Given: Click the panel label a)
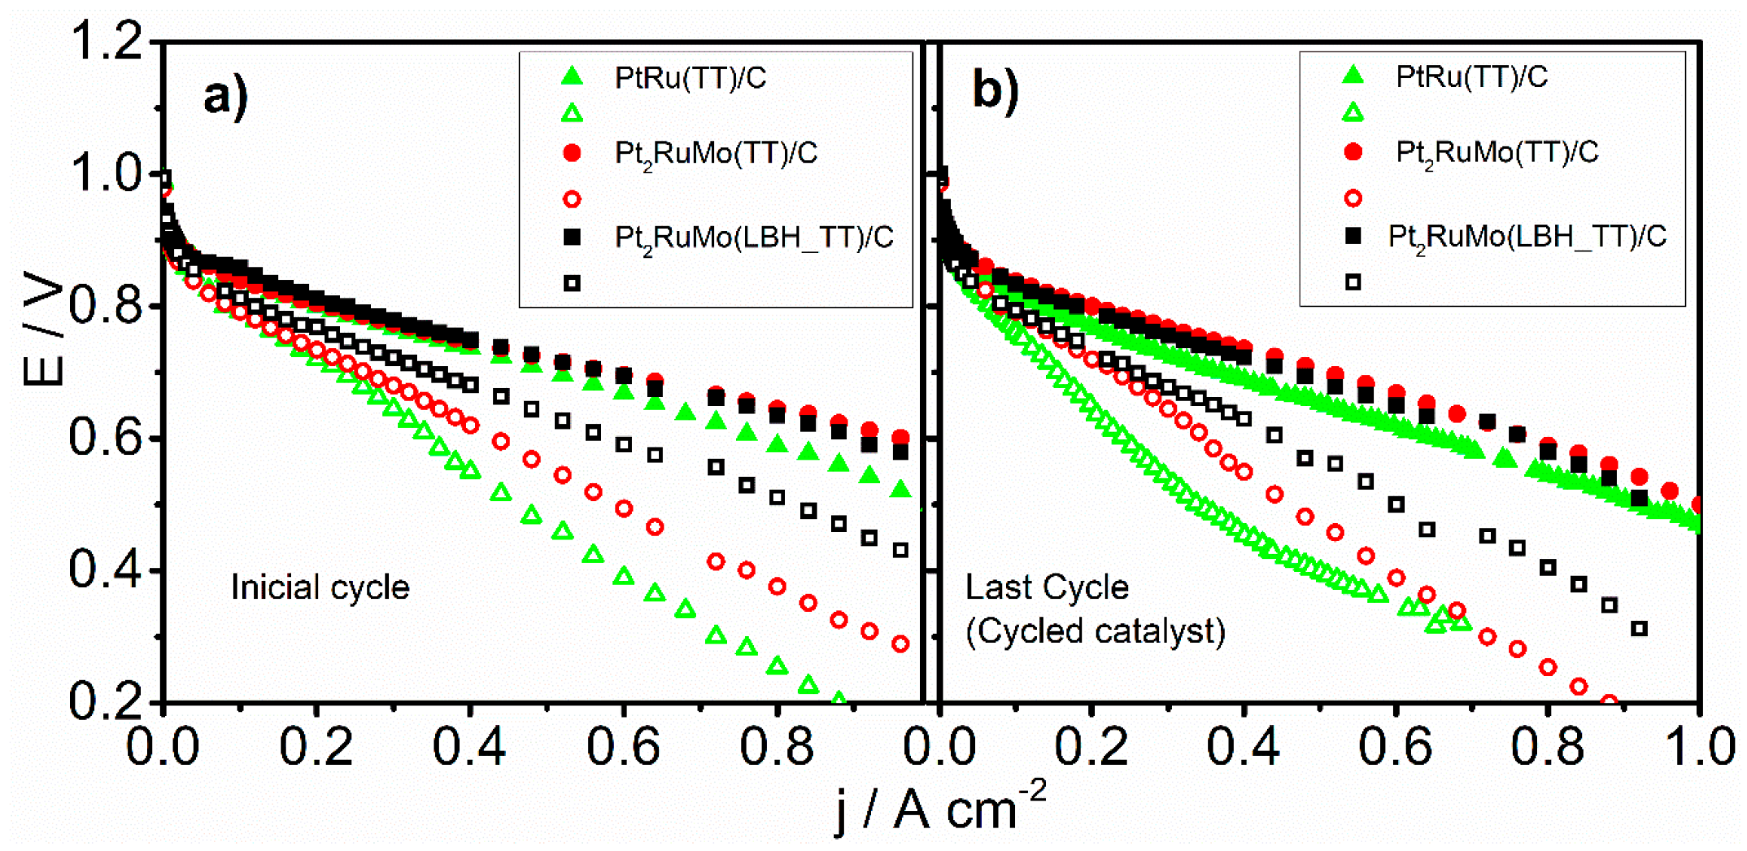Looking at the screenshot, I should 225,96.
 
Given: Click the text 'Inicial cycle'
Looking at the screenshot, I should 320,587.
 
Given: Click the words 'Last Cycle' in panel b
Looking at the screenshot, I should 1046,587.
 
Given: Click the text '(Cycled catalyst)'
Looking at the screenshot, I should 1095,631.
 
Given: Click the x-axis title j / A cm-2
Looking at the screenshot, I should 939,809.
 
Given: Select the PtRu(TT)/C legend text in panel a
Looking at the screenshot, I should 690,78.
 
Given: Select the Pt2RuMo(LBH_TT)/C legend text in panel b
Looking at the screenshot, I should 1527,237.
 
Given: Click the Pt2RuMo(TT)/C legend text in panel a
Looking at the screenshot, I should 716,154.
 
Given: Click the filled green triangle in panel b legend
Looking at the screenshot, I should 1353,75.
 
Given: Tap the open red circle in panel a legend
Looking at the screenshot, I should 572,199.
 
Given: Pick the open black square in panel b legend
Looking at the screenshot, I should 1353,282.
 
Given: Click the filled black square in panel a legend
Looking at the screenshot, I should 572,237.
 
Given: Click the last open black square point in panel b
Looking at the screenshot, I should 1640,628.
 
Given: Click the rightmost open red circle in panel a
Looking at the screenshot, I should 900,644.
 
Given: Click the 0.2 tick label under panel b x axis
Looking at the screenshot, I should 1091,747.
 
